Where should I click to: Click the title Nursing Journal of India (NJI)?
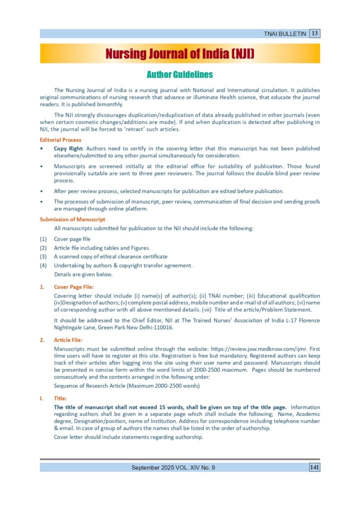pyautogui.click(x=179, y=53)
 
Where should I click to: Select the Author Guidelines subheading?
pyautogui.click(x=179, y=74)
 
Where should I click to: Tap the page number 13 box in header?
pyautogui.click(x=314, y=33)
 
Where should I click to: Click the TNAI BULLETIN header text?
pyautogui.click(x=284, y=34)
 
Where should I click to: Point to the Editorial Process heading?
pyautogui.click(x=60, y=140)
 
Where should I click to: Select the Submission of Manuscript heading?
pyautogui.click(x=72, y=219)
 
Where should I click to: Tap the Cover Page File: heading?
pyautogui.click(x=73, y=287)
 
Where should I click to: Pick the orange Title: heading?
pyautogui.click(x=61, y=398)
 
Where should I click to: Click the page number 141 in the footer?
pyautogui.click(x=314, y=467)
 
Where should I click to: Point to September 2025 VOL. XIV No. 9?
pyautogui.click(x=173, y=467)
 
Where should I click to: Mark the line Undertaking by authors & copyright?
pyautogui.click(x=123, y=265)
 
